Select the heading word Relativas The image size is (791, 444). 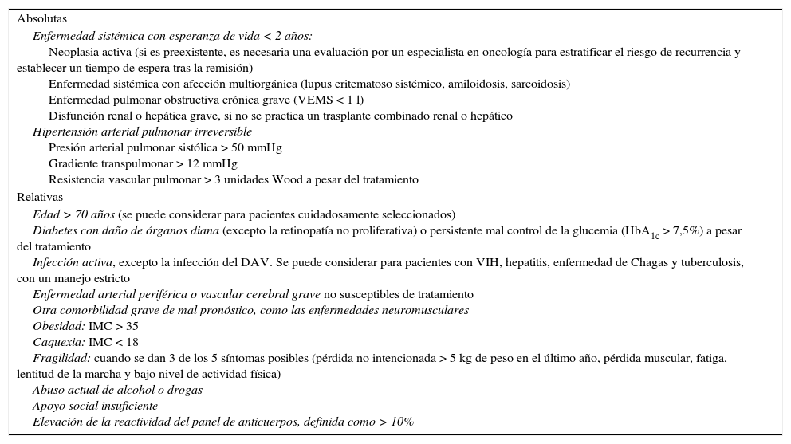coord(39,197)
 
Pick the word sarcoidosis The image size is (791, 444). coord(538,84)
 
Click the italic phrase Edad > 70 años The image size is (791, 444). coord(74,214)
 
